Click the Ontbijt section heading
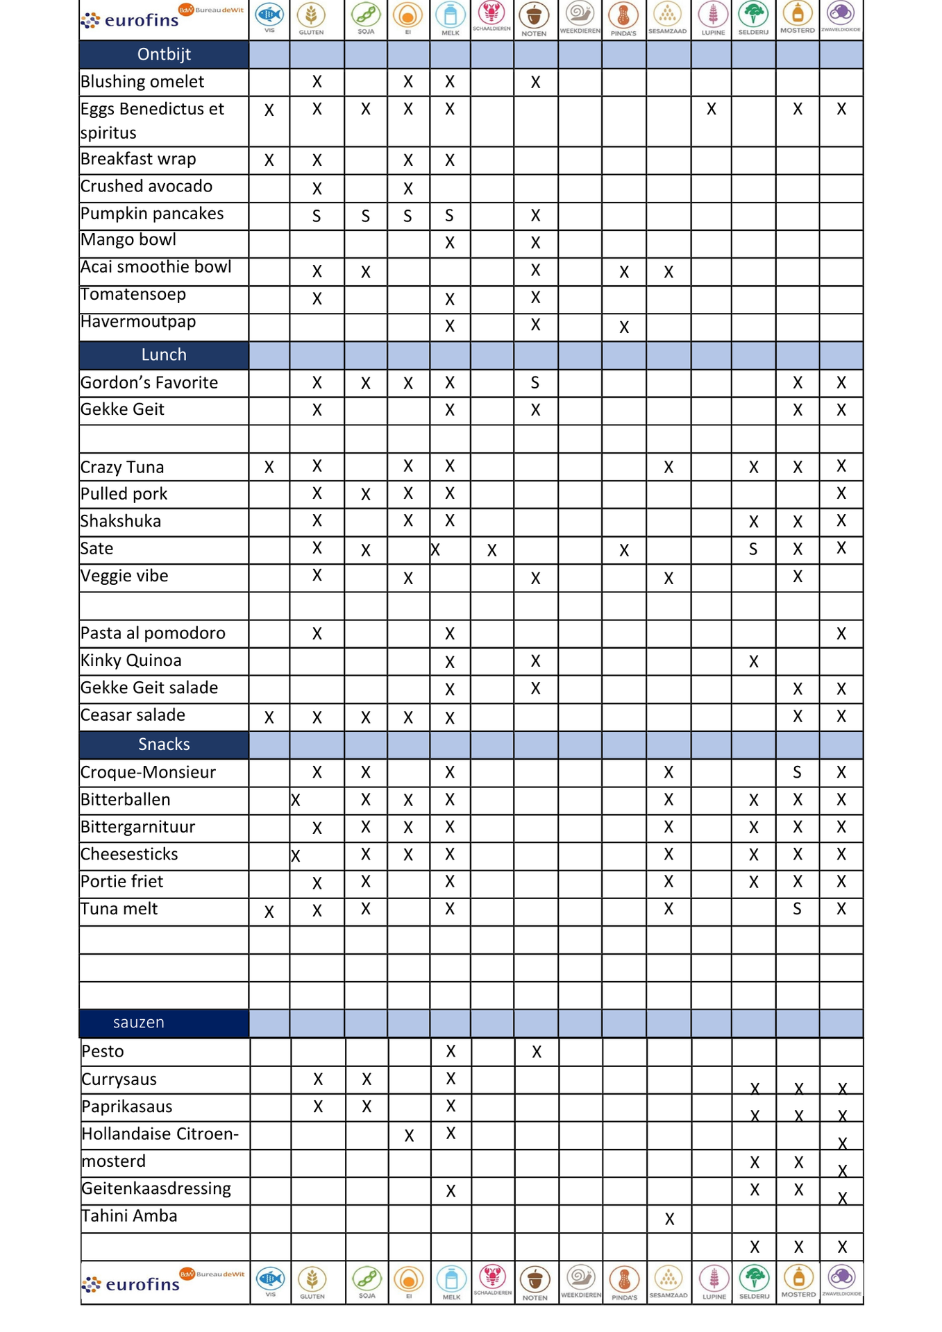coord(164,54)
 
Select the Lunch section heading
coord(164,355)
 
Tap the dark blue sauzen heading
coord(139,1022)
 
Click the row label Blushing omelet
coord(142,82)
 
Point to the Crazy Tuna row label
coord(122,467)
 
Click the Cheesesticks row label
coord(129,854)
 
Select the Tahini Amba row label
coord(129,1215)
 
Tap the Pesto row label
coord(103,1051)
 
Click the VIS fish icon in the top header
coord(269,15)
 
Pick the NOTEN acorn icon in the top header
coord(535,15)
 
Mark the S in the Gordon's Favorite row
coord(535,382)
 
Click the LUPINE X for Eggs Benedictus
coord(712,109)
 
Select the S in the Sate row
coord(753,549)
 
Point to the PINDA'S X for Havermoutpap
coord(624,327)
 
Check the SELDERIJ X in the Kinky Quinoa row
coord(754,662)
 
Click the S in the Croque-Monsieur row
coord(798,772)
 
